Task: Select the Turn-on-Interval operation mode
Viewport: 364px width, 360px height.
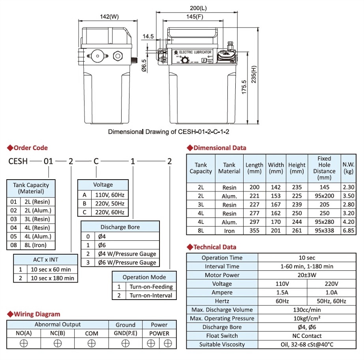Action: [x=151, y=295]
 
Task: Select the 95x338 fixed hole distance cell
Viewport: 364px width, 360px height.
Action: [x=324, y=231]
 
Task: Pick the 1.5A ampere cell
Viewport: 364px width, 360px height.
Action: [x=282, y=292]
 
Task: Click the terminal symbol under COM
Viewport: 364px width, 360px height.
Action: [x=92, y=343]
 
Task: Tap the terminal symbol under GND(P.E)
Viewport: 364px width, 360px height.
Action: [x=126, y=343]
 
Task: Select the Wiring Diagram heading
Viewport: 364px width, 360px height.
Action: [x=37, y=314]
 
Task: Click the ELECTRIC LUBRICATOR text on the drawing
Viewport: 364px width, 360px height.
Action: [x=195, y=52]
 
